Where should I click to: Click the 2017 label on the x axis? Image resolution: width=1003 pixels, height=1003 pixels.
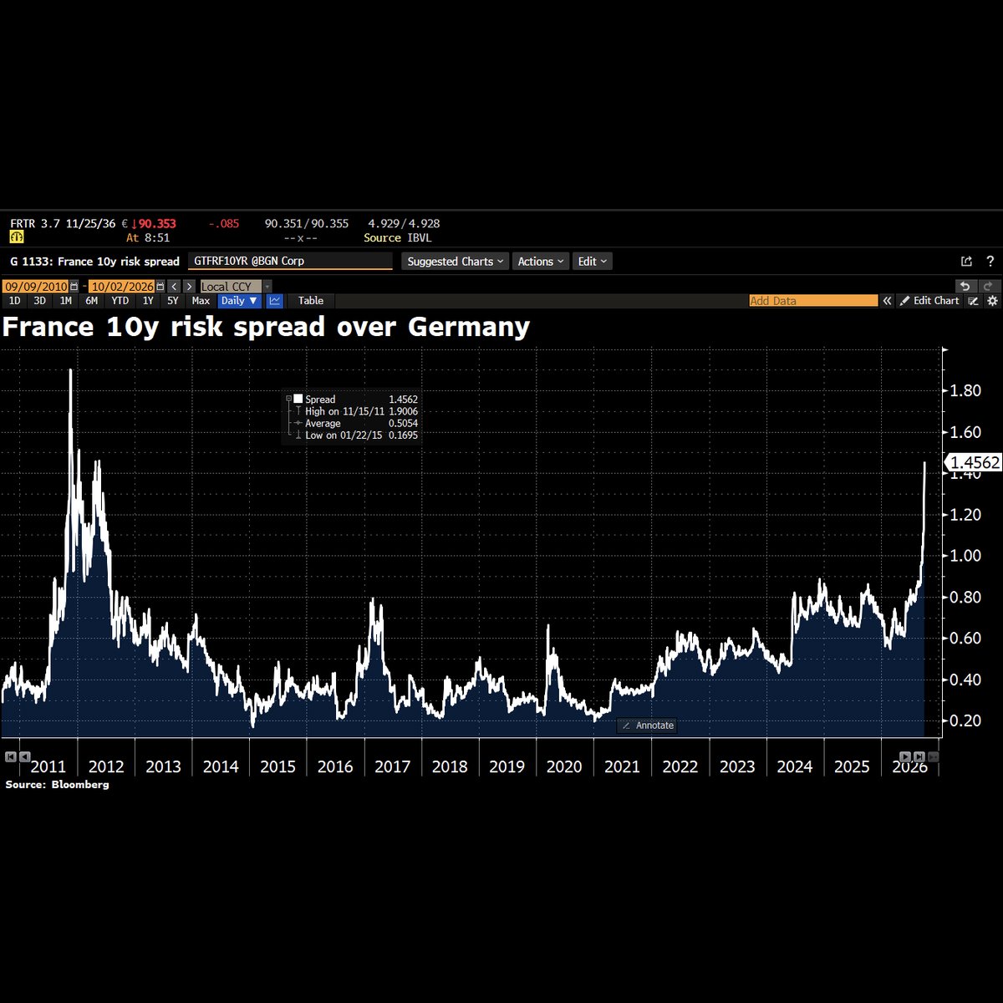[x=392, y=766]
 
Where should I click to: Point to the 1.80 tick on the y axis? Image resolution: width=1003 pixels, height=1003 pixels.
[x=965, y=390]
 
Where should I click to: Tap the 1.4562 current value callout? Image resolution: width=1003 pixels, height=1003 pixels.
[x=974, y=462]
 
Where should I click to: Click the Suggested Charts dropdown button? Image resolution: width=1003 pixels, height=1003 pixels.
[x=455, y=262]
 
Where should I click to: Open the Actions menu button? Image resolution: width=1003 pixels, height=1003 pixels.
[x=540, y=262]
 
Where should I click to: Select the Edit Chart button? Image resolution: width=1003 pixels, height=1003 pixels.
[x=929, y=301]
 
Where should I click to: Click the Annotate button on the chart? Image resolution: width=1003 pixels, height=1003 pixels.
[x=647, y=726]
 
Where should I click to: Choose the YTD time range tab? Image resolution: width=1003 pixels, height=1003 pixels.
[x=120, y=301]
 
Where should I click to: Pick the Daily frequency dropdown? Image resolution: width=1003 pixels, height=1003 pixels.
[x=239, y=301]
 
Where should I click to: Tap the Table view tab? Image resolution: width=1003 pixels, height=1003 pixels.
[x=311, y=301]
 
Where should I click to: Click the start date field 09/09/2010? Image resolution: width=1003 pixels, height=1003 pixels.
[x=37, y=287]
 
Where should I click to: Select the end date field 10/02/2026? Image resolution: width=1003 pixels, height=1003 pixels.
[x=122, y=287]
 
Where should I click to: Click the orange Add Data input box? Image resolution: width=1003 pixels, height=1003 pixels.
[x=813, y=301]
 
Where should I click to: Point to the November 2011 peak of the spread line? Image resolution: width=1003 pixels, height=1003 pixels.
[x=71, y=369]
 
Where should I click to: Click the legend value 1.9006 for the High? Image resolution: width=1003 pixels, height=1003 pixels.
[x=403, y=411]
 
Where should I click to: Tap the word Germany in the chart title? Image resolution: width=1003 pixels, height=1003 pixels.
[x=468, y=328]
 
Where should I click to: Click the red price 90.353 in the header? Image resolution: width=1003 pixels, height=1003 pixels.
[x=156, y=224]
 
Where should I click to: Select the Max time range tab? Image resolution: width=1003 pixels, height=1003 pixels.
[x=201, y=301]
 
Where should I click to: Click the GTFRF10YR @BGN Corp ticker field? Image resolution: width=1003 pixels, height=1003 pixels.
[x=290, y=261]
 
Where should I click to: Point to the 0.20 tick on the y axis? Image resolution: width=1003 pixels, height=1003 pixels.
[x=965, y=720]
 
